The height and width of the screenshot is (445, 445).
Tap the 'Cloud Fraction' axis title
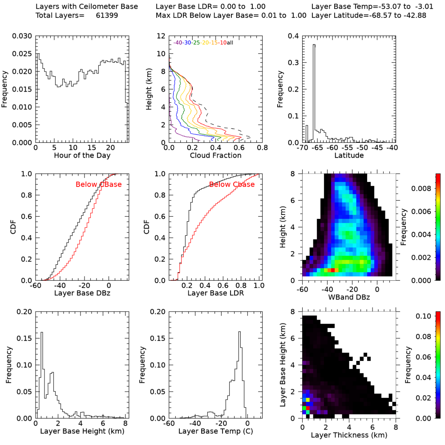point(215,155)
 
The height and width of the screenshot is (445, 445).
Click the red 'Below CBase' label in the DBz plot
point(98,185)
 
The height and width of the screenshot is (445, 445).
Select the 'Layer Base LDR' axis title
point(215,293)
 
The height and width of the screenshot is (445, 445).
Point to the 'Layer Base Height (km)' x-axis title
point(81,431)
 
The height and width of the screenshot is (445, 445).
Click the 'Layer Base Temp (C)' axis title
point(215,431)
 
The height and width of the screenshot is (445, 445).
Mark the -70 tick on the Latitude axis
point(304,147)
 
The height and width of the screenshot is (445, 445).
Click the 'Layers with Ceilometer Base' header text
point(87,7)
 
